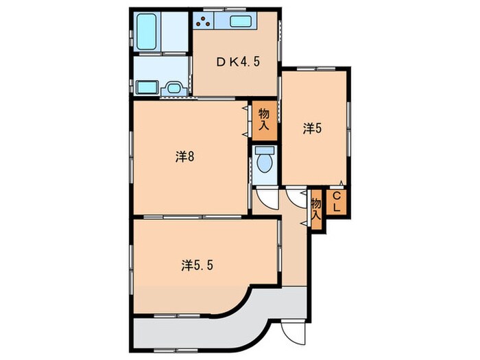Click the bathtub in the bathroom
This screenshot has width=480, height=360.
click(147, 32)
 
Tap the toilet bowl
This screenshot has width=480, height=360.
click(265, 163)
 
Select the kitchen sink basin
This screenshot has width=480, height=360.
click(241, 21)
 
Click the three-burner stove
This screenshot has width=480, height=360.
click(203, 21)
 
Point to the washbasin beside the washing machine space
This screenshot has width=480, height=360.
click(173, 88)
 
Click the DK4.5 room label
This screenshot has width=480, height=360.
click(238, 62)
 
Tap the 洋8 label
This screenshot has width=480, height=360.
click(185, 157)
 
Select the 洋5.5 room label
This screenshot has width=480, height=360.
click(197, 265)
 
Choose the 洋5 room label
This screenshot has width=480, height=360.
click(313, 128)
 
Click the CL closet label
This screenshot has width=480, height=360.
click(337, 202)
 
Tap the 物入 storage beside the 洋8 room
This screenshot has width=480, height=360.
click(264, 120)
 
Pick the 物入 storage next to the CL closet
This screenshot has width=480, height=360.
click(316, 210)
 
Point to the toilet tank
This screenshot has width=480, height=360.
click(265, 150)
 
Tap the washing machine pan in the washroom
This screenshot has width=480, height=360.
click(147, 87)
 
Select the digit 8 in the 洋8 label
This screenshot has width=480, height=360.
click(191, 157)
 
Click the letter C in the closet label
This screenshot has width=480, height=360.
click(337, 195)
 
